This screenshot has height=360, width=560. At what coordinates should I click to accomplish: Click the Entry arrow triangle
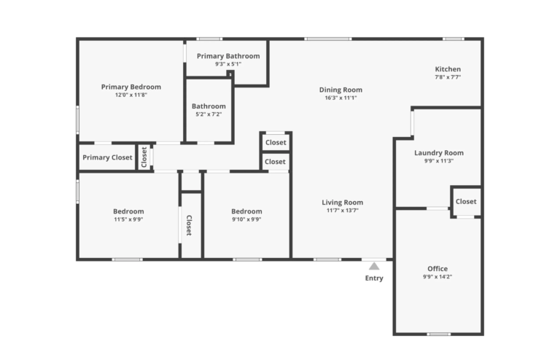pyautogui.click(x=374, y=266)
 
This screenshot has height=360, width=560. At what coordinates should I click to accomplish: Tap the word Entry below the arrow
pyautogui.click(x=374, y=278)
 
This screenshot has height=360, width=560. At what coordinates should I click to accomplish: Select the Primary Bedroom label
pyautogui.click(x=131, y=87)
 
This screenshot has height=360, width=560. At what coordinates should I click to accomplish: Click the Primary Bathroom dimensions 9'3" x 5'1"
pyautogui.click(x=227, y=64)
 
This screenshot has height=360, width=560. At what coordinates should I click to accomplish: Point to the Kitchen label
pyautogui.click(x=448, y=69)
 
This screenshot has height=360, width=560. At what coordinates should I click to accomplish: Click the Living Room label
pyautogui.click(x=343, y=203)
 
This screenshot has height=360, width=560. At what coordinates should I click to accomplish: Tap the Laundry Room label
pyautogui.click(x=439, y=153)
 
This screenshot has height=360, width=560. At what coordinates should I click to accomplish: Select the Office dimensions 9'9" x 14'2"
pyautogui.click(x=438, y=277)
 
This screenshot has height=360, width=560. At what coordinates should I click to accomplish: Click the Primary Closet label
pyautogui.click(x=107, y=157)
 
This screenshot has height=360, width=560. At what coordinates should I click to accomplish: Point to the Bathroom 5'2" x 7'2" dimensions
pyautogui.click(x=209, y=114)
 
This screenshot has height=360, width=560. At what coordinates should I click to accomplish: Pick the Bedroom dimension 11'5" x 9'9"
pyautogui.click(x=128, y=219)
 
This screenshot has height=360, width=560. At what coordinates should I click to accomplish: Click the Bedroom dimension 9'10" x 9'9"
pyautogui.click(x=246, y=219)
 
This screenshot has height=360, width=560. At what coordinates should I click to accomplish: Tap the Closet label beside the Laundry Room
pyautogui.click(x=466, y=201)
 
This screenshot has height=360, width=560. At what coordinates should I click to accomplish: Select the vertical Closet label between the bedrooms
pyautogui.click(x=189, y=226)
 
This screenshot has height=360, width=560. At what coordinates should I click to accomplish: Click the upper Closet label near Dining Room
pyautogui.click(x=276, y=143)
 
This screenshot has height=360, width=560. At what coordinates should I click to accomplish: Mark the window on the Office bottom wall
pyautogui.click(x=438, y=334)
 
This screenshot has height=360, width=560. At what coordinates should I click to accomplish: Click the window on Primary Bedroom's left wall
pyautogui.click(x=78, y=120)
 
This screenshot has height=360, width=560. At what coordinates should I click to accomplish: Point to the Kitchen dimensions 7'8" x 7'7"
pyautogui.click(x=448, y=77)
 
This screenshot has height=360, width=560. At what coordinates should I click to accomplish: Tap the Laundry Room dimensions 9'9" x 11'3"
pyautogui.click(x=439, y=161)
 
